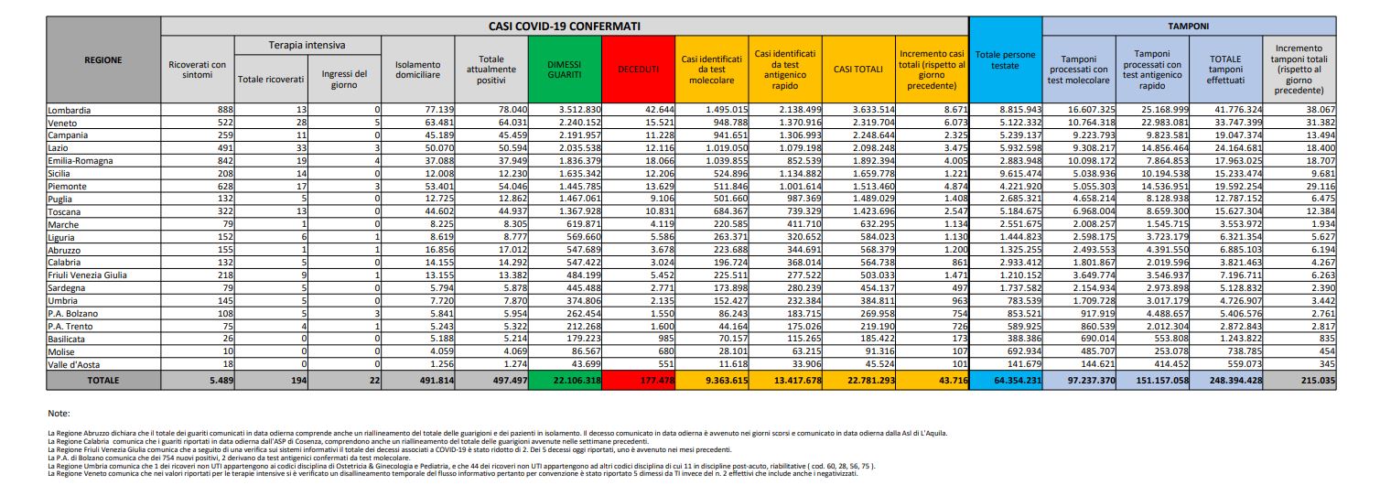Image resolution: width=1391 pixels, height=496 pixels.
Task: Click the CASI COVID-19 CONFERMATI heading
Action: coord(564,26)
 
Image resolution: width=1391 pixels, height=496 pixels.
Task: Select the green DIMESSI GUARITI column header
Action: coord(565,68)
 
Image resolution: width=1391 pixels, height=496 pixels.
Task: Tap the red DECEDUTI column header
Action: coord(639,68)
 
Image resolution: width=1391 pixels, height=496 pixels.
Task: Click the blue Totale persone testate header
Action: coord(1005,61)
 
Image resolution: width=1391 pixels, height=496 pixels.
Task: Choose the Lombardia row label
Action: coord(70,110)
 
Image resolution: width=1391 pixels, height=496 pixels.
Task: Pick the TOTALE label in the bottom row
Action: coord(102,379)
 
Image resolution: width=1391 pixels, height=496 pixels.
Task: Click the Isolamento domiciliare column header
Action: coord(418,68)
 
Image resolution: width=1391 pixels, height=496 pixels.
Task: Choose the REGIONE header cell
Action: coord(102,61)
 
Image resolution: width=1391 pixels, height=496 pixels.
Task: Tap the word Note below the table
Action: coord(59,414)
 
